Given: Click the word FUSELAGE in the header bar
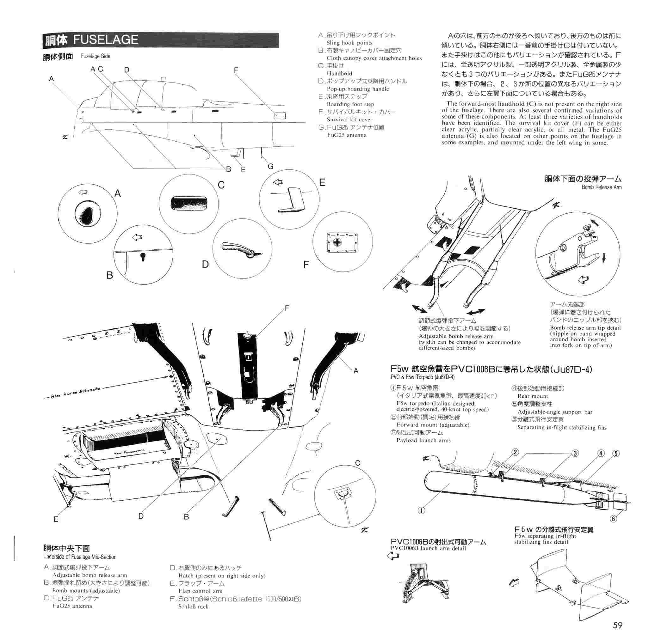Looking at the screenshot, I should pos(106,40).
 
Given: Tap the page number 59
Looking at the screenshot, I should pos(617,625).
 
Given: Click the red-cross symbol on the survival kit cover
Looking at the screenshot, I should pos(337,242).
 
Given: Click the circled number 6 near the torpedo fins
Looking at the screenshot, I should pos(614,519).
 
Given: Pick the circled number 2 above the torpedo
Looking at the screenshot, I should pos(515,452).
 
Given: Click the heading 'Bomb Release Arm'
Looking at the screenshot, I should pos(601,187).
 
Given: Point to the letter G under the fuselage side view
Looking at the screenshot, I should pos(270,166).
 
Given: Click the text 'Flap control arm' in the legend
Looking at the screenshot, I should pos(200,591).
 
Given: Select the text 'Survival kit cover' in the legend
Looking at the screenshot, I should pos(349,119).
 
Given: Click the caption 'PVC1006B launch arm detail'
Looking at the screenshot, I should pos(428,548).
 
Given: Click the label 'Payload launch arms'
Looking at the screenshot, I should pos(423,440).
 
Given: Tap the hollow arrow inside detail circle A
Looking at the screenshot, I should pos(83,192).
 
